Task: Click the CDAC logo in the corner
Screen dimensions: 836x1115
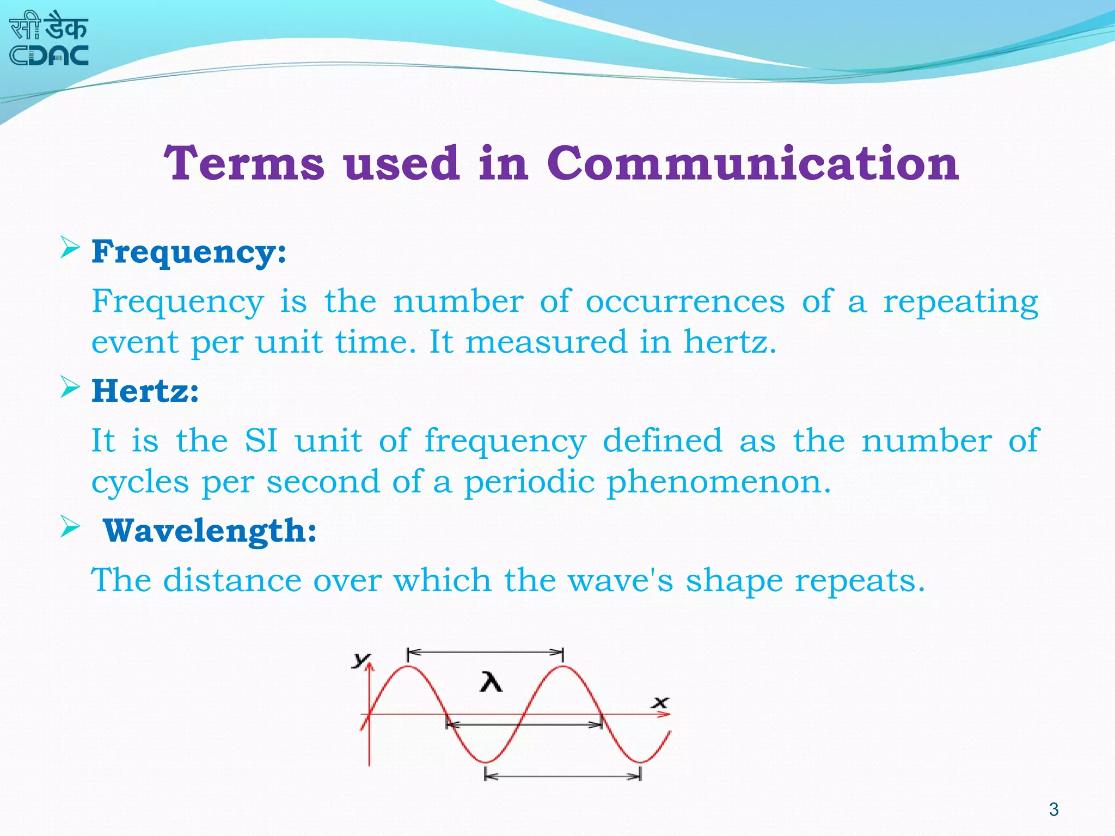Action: coord(49,40)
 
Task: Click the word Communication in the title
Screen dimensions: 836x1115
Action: coord(752,163)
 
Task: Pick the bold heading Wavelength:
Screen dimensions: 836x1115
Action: coord(210,531)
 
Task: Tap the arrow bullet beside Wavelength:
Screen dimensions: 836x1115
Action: coord(70,526)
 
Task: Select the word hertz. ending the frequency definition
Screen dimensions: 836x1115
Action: coord(730,342)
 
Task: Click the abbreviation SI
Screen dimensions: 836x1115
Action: coord(261,440)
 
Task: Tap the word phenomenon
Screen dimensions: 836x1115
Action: coord(719,482)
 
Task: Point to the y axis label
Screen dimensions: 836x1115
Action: coord(360,660)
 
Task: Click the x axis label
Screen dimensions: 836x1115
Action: coord(661,702)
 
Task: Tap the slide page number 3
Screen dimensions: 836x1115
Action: coord(1053,809)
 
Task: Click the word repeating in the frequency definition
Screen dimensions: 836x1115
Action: coord(960,302)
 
